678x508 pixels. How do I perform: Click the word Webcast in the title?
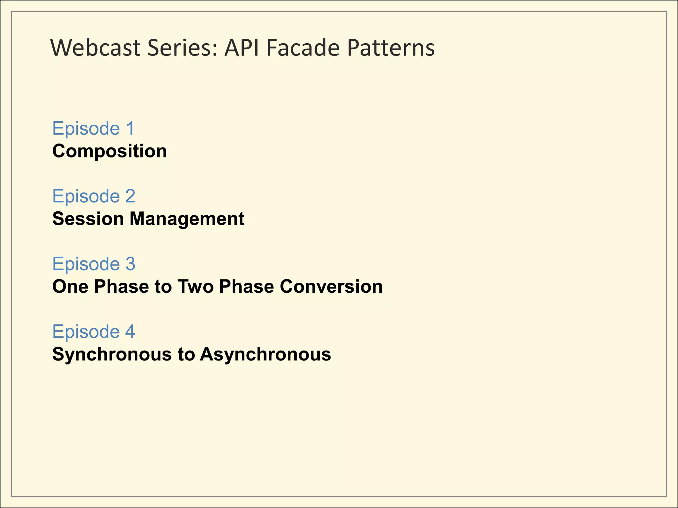click(96, 48)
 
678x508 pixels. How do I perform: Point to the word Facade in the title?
click(303, 48)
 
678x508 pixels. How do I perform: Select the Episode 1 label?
click(93, 128)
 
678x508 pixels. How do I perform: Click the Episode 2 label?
click(94, 196)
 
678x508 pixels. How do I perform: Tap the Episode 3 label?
click(94, 264)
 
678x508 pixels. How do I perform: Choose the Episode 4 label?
click(94, 331)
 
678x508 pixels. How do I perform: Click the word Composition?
click(110, 151)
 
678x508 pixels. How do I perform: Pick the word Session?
click(88, 219)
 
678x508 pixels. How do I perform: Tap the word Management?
click(187, 219)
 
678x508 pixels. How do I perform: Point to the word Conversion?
click(331, 286)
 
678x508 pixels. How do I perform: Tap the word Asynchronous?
click(265, 355)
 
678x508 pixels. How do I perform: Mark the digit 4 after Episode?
click(130, 331)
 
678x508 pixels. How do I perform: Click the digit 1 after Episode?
click(130, 128)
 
